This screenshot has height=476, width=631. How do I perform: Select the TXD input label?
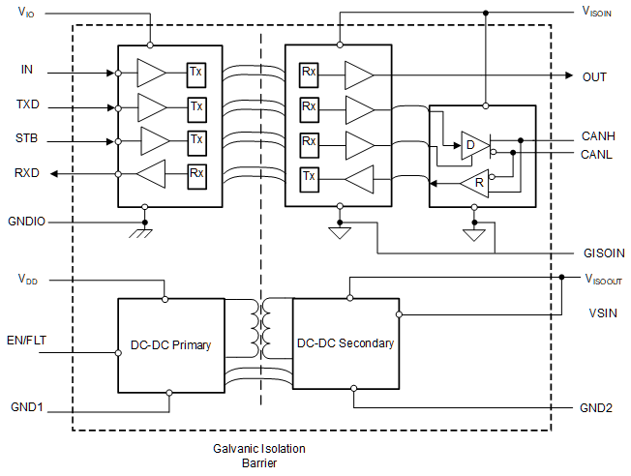pyautogui.click(x=27, y=104)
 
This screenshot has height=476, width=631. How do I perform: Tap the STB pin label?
pyautogui.click(x=27, y=139)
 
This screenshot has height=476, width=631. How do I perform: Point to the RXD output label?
pyautogui.click(x=27, y=174)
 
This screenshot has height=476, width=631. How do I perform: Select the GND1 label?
pyautogui.click(x=26, y=407)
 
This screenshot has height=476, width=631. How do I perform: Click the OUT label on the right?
pyautogui.click(x=594, y=76)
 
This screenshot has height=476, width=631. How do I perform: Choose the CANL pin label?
pyautogui.click(x=597, y=154)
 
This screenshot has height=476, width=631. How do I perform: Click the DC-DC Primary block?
pyautogui.click(x=170, y=344)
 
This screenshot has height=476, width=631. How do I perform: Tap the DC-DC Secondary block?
pyautogui.click(x=346, y=343)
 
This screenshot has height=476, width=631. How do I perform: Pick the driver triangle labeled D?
pyautogui.click(x=474, y=145)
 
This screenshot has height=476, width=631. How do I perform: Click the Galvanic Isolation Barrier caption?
pyautogui.click(x=258, y=456)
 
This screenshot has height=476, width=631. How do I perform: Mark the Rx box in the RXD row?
pyautogui.click(x=196, y=174)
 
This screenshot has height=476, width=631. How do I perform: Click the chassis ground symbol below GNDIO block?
pyautogui.click(x=144, y=232)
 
